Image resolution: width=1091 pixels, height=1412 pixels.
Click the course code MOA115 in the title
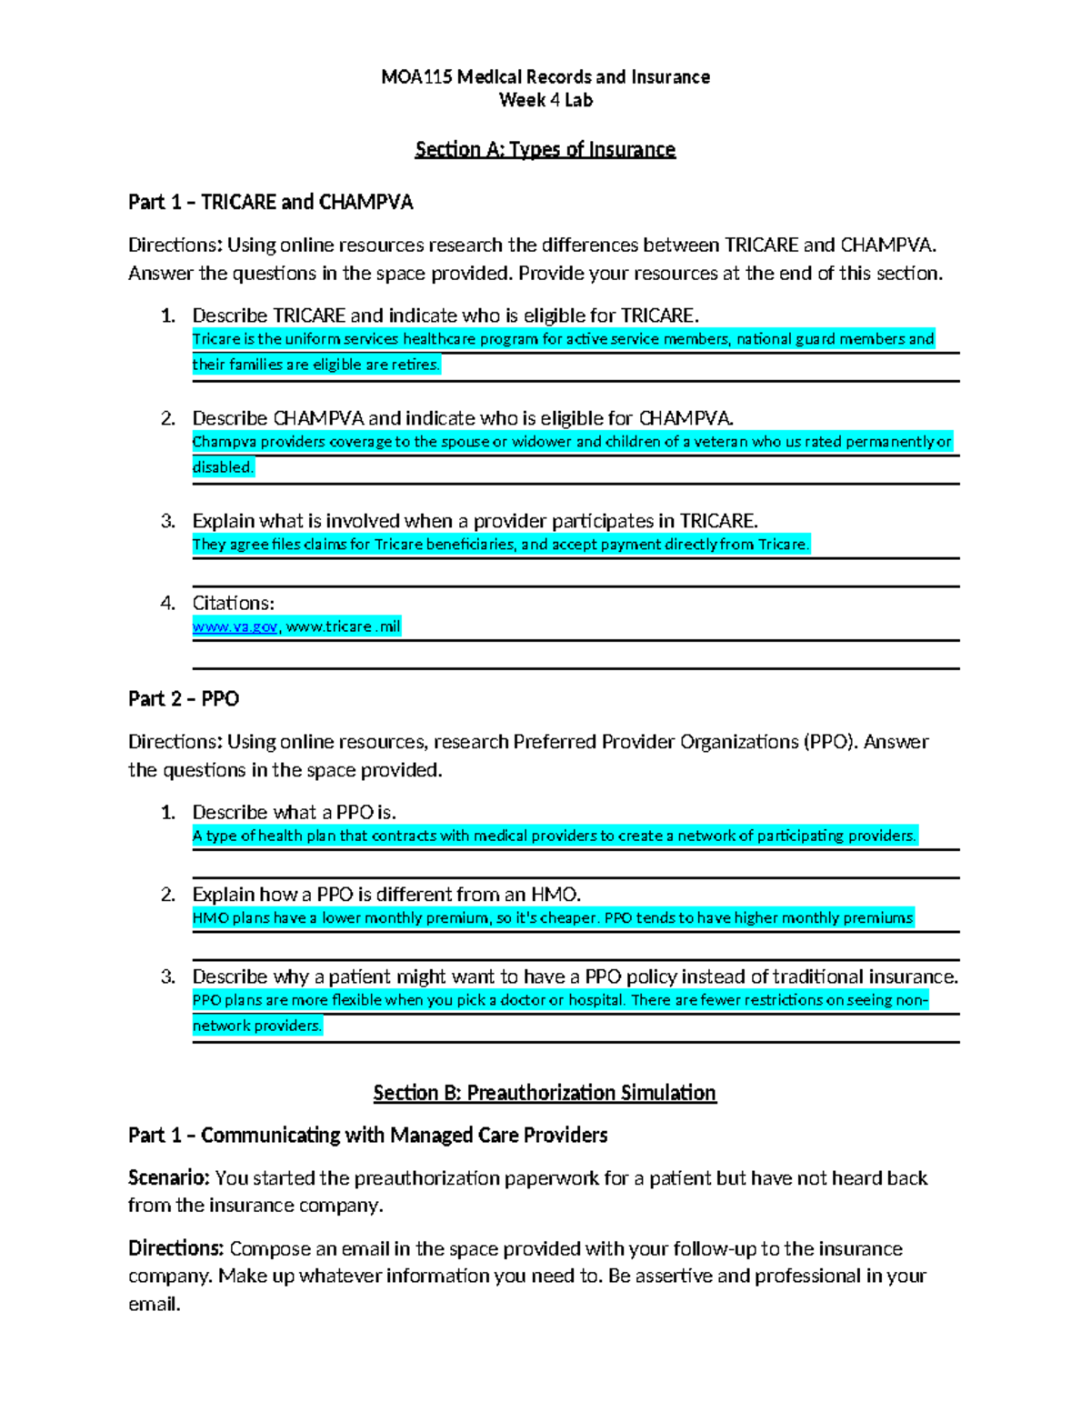pos(415,77)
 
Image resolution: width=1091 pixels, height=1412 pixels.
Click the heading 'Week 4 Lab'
pos(545,100)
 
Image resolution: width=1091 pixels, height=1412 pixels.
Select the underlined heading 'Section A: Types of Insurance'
pos(545,150)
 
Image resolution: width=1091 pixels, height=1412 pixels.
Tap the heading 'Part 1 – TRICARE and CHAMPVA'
pos(270,202)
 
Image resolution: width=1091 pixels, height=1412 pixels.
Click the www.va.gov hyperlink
pos(235,626)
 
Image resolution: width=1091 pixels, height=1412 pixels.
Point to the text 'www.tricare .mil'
pos(344,626)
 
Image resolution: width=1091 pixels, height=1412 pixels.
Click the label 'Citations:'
pos(233,603)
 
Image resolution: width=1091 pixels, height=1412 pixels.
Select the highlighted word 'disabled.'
pos(223,467)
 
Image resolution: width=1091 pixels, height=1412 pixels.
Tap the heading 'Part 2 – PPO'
pos(184,699)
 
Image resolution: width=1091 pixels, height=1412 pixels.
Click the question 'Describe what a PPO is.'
pos(294,812)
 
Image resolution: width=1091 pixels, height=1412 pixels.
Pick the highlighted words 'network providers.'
pos(257,1026)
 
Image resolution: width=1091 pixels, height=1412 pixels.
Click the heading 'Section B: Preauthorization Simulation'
pos(545,1093)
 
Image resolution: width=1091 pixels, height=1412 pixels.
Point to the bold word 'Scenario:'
pos(168,1178)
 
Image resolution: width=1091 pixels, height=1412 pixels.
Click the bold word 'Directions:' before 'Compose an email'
pos(175,1248)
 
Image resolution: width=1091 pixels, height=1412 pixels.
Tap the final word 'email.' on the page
pos(155,1305)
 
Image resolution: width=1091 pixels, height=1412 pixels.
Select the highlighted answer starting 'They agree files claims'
pos(500,545)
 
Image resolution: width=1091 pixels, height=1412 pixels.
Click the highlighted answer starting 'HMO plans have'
pos(552,918)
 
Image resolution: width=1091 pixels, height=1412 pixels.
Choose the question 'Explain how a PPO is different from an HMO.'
pos(386,895)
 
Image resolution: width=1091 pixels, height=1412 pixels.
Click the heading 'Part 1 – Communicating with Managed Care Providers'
pos(367,1136)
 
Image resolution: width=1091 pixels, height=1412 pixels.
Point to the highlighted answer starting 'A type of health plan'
pos(555,836)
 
